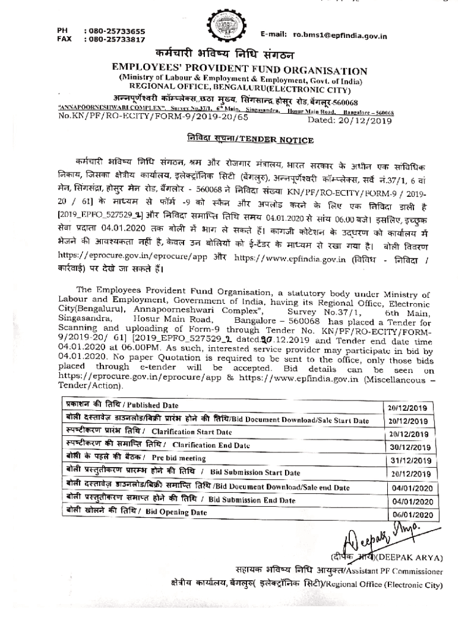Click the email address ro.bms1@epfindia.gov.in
click(x=340, y=36)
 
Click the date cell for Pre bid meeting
click(x=410, y=460)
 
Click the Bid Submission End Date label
click(x=251, y=500)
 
